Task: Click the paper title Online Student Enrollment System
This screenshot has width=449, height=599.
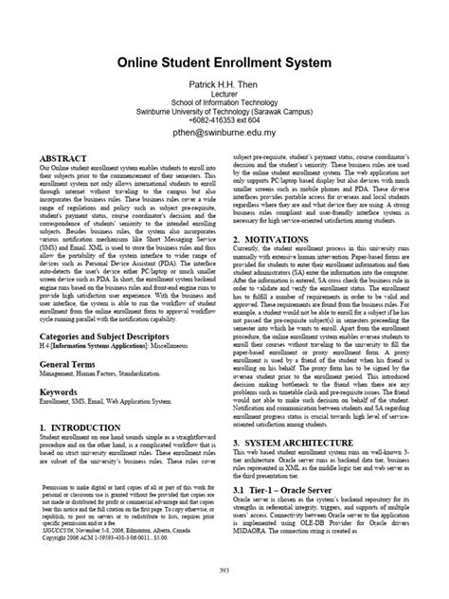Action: [224, 63]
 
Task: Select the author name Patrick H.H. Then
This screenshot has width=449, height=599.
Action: [224, 84]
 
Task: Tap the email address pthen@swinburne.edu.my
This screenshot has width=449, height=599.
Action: [224, 136]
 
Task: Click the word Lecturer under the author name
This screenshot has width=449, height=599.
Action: [224, 97]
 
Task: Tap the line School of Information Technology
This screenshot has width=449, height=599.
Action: [224, 104]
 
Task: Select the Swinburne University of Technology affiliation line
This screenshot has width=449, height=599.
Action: [224, 113]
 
